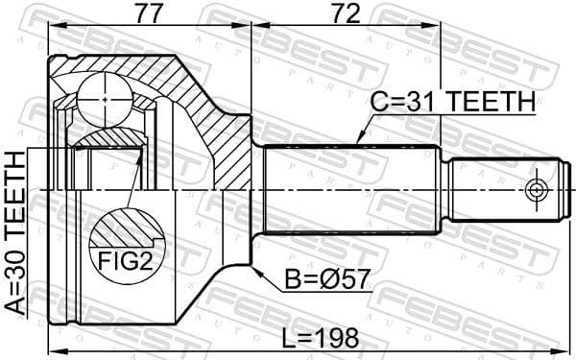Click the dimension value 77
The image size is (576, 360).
click(x=147, y=14)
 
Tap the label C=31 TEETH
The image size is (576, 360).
click(x=452, y=100)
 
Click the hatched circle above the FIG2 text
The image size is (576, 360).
click(x=125, y=230)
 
